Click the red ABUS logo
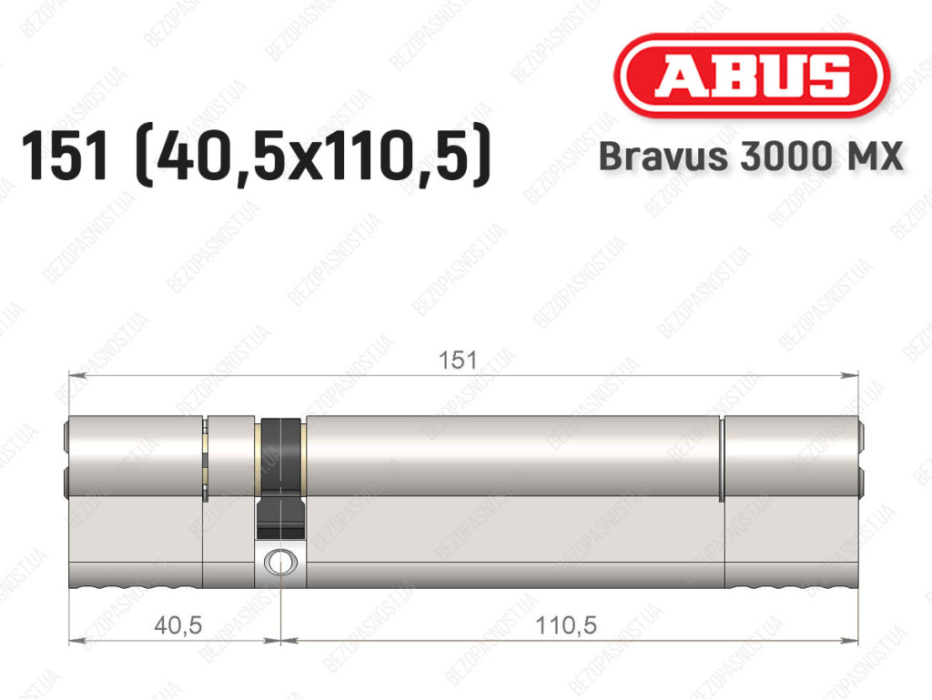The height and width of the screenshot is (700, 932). [x=751, y=76]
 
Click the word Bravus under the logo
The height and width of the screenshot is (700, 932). [x=664, y=157]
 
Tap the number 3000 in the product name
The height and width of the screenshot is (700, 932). [x=785, y=157]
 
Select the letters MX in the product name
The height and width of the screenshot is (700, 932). [x=873, y=157]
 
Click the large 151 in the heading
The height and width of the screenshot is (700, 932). [x=66, y=155]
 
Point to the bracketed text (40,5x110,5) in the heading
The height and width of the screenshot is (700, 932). [x=314, y=156]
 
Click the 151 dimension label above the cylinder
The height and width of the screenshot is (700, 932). [x=458, y=360]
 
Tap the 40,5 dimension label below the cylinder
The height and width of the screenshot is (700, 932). [x=178, y=625]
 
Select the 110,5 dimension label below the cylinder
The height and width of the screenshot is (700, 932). [x=566, y=625]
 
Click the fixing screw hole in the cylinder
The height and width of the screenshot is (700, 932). [x=280, y=562]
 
